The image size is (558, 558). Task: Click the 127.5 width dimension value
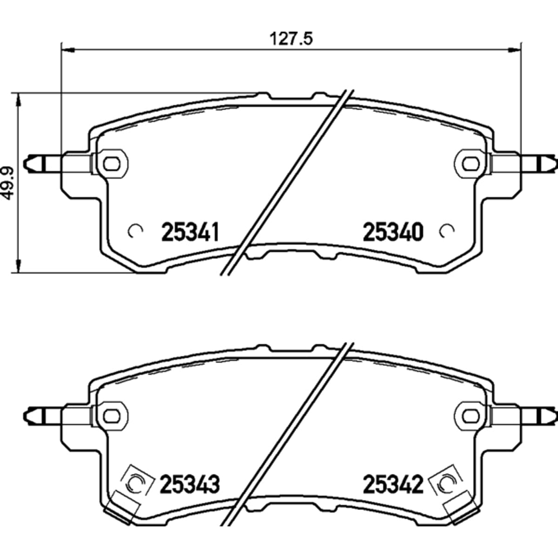(x=291, y=39)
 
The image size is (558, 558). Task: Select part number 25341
(x=190, y=232)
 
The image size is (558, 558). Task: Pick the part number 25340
(x=393, y=232)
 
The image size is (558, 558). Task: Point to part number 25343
(x=190, y=484)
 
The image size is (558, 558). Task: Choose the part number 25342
(x=393, y=484)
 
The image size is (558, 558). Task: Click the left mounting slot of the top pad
(x=112, y=164)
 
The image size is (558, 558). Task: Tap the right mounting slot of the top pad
(x=471, y=164)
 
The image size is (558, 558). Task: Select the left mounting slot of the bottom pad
(x=112, y=416)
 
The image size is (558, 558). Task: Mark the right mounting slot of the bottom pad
(x=471, y=416)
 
